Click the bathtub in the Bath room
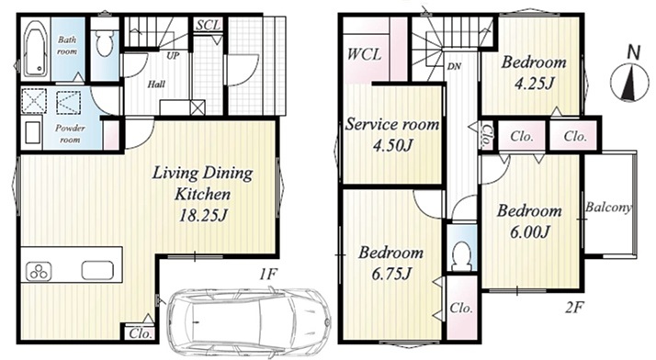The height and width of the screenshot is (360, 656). (35, 49)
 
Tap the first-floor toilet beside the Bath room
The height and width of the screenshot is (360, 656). (104, 43)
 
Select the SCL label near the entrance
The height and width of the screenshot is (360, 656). (208, 25)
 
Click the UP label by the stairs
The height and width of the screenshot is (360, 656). (173, 55)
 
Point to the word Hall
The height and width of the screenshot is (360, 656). (156, 84)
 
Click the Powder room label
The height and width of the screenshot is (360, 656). (70, 133)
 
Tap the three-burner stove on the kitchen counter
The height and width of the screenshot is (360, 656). (39, 271)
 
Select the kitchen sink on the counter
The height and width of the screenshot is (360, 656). (97, 270)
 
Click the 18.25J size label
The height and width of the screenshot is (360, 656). (202, 215)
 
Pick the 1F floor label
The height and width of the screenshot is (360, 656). (267, 275)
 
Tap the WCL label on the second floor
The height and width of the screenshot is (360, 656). (364, 55)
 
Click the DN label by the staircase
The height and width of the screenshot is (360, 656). (454, 66)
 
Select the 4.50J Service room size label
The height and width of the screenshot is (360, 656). (392, 145)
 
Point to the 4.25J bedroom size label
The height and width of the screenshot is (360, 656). (534, 84)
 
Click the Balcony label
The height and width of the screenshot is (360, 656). (608, 207)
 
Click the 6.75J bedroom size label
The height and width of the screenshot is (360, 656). (391, 274)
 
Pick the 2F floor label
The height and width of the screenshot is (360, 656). (574, 308)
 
